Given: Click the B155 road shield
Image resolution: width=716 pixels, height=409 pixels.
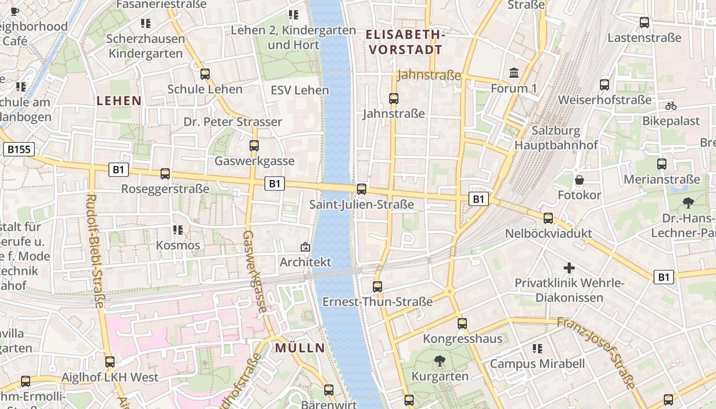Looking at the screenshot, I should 19,149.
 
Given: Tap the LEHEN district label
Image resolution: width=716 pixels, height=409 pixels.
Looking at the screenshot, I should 119,101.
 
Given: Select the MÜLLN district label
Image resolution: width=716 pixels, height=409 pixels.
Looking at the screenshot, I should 300,348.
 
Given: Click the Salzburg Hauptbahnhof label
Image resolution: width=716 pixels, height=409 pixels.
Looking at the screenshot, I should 556,138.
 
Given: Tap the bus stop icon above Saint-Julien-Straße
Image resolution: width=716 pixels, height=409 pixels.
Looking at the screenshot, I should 362,189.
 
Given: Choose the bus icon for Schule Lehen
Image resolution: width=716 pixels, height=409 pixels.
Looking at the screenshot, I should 205,74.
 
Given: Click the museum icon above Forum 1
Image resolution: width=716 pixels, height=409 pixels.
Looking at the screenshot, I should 514,73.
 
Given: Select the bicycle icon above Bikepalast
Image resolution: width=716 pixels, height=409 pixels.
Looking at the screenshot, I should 671,106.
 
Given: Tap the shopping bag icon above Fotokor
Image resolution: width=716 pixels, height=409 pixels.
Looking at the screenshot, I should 579,180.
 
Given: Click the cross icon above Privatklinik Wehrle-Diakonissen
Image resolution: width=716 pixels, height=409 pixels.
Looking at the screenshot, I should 569,268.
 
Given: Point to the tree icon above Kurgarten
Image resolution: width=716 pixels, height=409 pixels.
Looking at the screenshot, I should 439,361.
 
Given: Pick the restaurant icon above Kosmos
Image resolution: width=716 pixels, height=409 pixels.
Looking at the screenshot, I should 178,230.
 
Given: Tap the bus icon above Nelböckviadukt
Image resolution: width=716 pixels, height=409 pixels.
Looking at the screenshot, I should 548,218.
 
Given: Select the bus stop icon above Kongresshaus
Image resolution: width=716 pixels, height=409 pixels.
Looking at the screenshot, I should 462,323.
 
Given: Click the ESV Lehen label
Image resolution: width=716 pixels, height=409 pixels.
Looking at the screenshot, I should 300,90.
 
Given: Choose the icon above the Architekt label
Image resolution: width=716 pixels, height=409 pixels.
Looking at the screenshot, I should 305,247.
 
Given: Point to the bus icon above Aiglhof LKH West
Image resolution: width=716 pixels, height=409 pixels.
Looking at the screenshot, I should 110,362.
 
